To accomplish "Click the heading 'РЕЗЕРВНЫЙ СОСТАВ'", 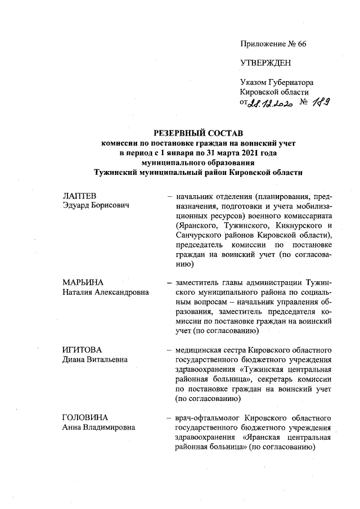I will [198, 133].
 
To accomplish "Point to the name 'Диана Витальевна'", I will [94, 359].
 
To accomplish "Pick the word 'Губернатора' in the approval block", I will [288, 82].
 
